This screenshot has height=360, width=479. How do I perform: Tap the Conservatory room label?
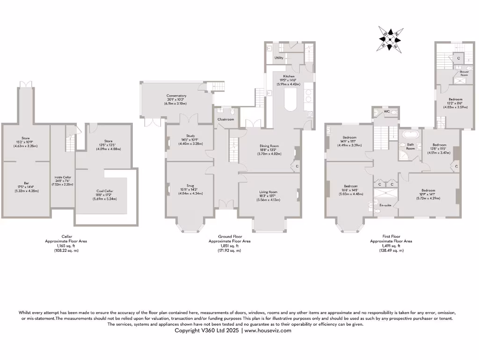coord(176,96)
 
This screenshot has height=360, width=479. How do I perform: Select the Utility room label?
coord(279,58)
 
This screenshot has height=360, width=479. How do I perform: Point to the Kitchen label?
coord(289,76)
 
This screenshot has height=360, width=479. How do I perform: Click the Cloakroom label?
coord(225,120)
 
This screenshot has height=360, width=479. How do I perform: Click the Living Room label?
coord(269,192)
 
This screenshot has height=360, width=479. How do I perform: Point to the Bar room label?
coord(26,183)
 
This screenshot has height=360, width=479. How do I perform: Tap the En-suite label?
coord(385,205)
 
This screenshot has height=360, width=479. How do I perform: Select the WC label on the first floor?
coord(387,112)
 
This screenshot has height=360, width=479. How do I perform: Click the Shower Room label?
coord(464,73)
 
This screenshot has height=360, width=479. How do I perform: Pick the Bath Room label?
coord(411,146)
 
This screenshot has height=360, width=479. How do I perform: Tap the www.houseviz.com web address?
coord(268,330)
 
